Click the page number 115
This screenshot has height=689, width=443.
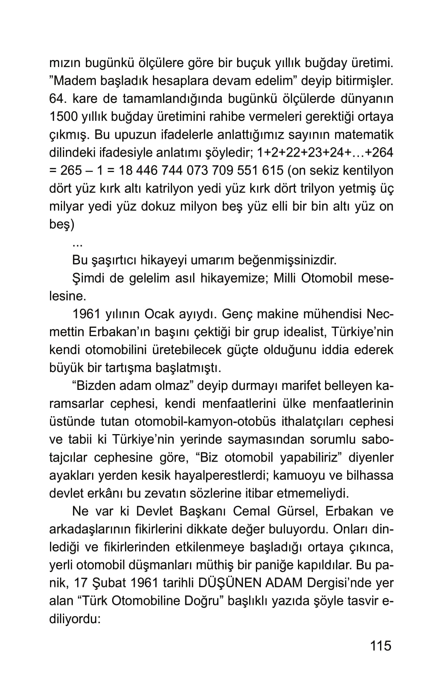pyautogui.click(x=380, y=645)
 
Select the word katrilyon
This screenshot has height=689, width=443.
pyautogui.click(x=173, y=189)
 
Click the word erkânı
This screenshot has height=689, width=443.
pyautogui.click(x=106, y=493)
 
